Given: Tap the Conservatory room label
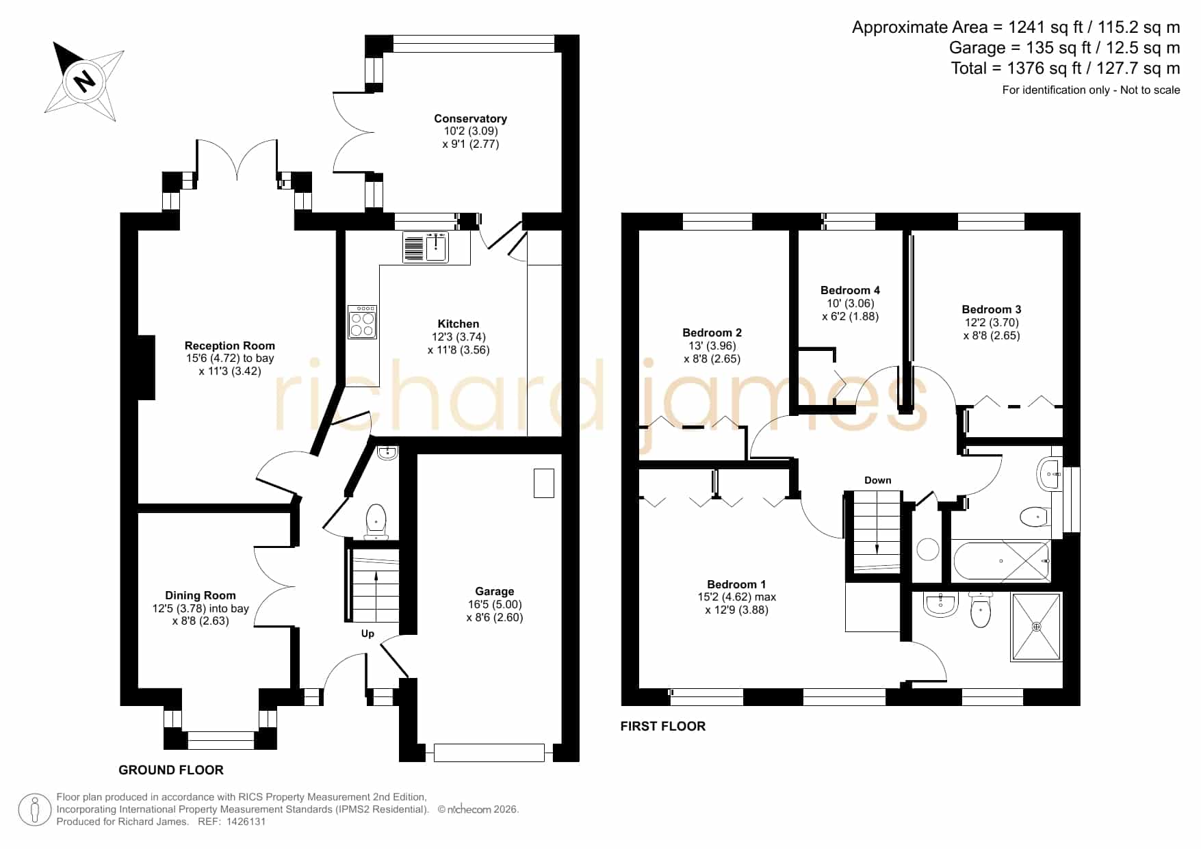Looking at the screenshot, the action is pos(470,118).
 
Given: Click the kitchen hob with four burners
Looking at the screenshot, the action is pos(362,322).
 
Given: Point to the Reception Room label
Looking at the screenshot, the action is pos(230,345).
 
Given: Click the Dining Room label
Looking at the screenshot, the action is pos(200,595).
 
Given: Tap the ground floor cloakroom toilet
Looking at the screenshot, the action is pos(376,522).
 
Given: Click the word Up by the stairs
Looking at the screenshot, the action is pos(367,634).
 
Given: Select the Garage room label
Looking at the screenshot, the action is pos(494,591).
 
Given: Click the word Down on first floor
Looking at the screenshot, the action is pos(878,480).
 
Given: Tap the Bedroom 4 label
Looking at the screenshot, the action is pos(850,290).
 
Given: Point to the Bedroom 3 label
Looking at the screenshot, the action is pos(991,309).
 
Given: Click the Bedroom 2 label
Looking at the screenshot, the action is pos(712,332).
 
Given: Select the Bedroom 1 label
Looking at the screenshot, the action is pos(736,584).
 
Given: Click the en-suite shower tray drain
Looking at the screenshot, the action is pos(1036,626).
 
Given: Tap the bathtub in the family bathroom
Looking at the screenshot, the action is pos(1001,561).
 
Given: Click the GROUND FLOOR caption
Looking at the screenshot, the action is pos(171,770).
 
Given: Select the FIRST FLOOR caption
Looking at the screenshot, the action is pos(662,726).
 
